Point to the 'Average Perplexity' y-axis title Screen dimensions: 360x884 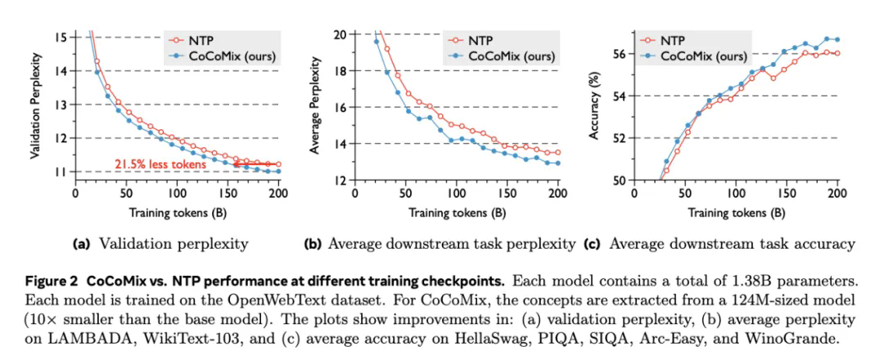point(314,106)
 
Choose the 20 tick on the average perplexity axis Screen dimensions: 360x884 point(340,34)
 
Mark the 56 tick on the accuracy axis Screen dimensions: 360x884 point(620,54)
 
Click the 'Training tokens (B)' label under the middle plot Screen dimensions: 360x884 point(456,214)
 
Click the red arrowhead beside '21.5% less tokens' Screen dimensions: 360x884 point(236,164)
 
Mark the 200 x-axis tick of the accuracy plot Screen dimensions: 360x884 point(837,194)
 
